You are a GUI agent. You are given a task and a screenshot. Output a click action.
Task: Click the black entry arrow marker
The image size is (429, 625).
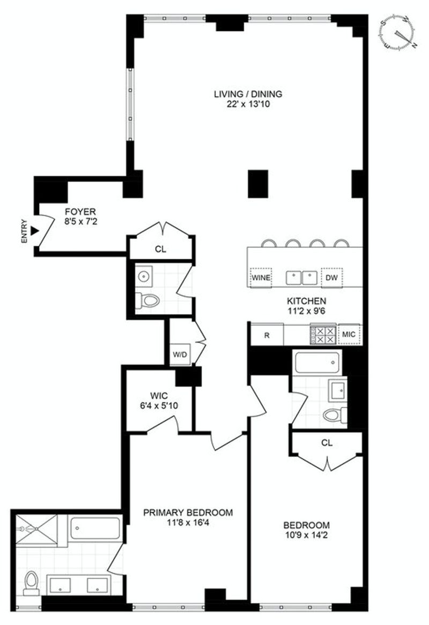click(x=35, y=231)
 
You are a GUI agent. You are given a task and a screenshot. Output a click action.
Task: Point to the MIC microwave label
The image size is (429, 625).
click(x=349, y=334)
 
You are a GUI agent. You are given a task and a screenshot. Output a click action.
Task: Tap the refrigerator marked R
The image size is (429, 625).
click(x=267, y=335)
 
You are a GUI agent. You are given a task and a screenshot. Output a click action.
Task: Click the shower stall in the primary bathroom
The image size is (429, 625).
click(x=36, y=529)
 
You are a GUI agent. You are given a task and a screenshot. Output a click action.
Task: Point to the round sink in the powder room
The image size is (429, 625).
click(x=143, y=275)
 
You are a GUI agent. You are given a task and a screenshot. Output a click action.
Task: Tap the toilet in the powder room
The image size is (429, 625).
click(x=147, y=301)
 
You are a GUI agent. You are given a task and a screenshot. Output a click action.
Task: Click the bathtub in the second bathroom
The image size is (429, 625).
click(x=317, y=361)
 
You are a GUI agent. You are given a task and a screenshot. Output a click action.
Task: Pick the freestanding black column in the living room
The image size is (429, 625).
click(x=258, y=184)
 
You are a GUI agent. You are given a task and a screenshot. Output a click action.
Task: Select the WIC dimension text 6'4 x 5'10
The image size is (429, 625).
click(x=159, y=406)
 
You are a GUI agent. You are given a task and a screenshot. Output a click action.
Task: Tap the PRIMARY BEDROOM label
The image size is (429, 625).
click(x=188, y=513)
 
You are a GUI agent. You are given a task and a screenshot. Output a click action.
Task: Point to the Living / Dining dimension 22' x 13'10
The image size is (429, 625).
click(x=248, y=104)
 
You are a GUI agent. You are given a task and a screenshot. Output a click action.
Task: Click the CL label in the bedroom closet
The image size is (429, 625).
click(x=327, y=443)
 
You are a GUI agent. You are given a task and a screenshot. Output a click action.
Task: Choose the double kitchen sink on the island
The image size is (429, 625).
click(x=302, y=278)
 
